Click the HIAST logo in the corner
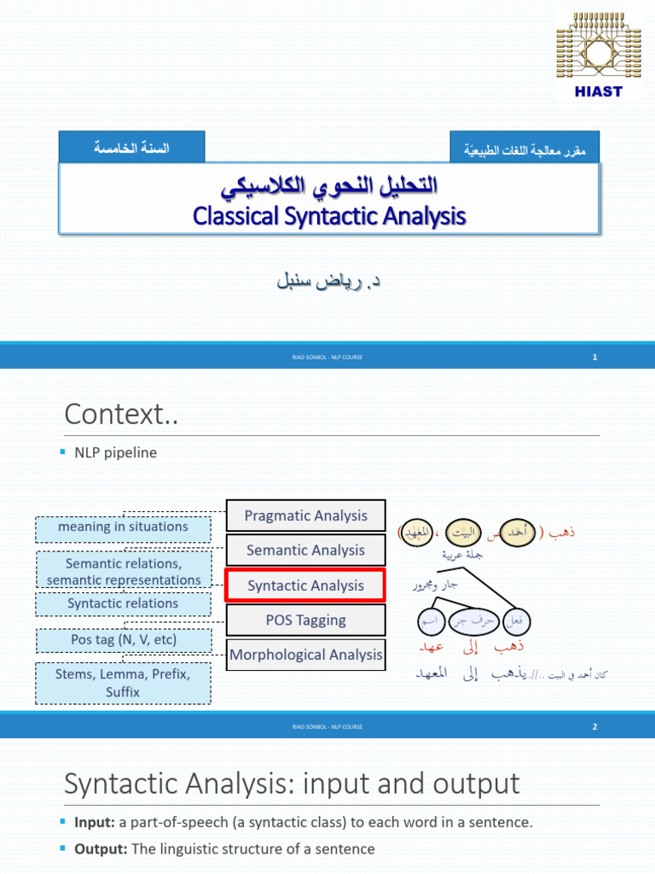[x=600, y=53]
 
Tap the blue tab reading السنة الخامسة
[x=131, y=148]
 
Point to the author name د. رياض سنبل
[x=327, y=280]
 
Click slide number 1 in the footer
[x=594, y=357]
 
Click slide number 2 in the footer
[x=594, y=726]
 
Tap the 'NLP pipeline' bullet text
[x=119, y=452]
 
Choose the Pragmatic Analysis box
[x=306, y=516]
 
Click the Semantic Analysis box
[x=306, y=551]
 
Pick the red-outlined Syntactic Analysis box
[x=306, y=586]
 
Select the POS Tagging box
[x=306, y=621]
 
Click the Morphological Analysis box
[x=306, y=655]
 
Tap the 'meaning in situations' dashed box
[x=123, y=527]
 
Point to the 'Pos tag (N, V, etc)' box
[x=123, y=639]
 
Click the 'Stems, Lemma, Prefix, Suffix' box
[x=123, y=683]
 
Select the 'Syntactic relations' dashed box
[x=123, y=603]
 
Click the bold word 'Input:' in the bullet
[x=95, y=823]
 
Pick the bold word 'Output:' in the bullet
[x=100, y=849]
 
